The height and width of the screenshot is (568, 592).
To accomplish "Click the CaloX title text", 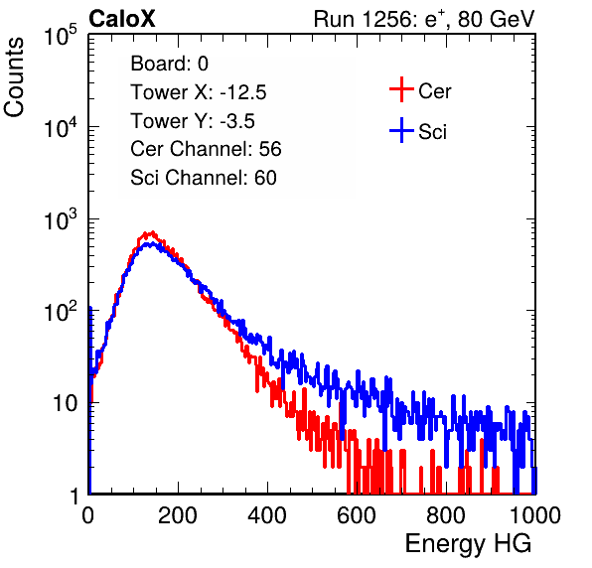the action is pos(121,19).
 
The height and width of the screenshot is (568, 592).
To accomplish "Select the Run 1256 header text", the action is pos(424,19).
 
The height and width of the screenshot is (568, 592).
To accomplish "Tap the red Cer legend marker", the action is pos(401,89).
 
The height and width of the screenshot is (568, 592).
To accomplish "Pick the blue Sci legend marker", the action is pos(401,130).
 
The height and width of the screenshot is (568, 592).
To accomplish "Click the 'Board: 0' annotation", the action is pos(169,64).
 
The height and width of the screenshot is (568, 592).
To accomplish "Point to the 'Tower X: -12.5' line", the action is pos(199,92).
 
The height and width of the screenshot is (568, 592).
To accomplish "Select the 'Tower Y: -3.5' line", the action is pos(193,121).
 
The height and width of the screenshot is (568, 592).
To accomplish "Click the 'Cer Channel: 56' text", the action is pos(206,149).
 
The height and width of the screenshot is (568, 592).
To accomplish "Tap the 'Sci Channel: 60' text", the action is pos(204,178).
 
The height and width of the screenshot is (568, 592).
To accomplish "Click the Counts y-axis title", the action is pos(14,77).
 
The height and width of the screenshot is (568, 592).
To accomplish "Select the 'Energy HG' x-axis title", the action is pos(468,544).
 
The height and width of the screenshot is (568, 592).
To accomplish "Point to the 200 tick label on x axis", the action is pos(178,515).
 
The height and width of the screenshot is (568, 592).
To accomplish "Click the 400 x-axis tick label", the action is pos(267,515).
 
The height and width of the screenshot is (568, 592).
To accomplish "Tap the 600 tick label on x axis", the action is pos(357,515).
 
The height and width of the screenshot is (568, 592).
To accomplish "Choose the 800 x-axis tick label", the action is pos(446,515).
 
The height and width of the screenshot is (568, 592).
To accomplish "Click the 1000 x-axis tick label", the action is pos(535,515).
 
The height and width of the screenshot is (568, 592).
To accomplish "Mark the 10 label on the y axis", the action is pos(66,403).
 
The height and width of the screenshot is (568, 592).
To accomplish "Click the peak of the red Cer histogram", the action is pos(152,232).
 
